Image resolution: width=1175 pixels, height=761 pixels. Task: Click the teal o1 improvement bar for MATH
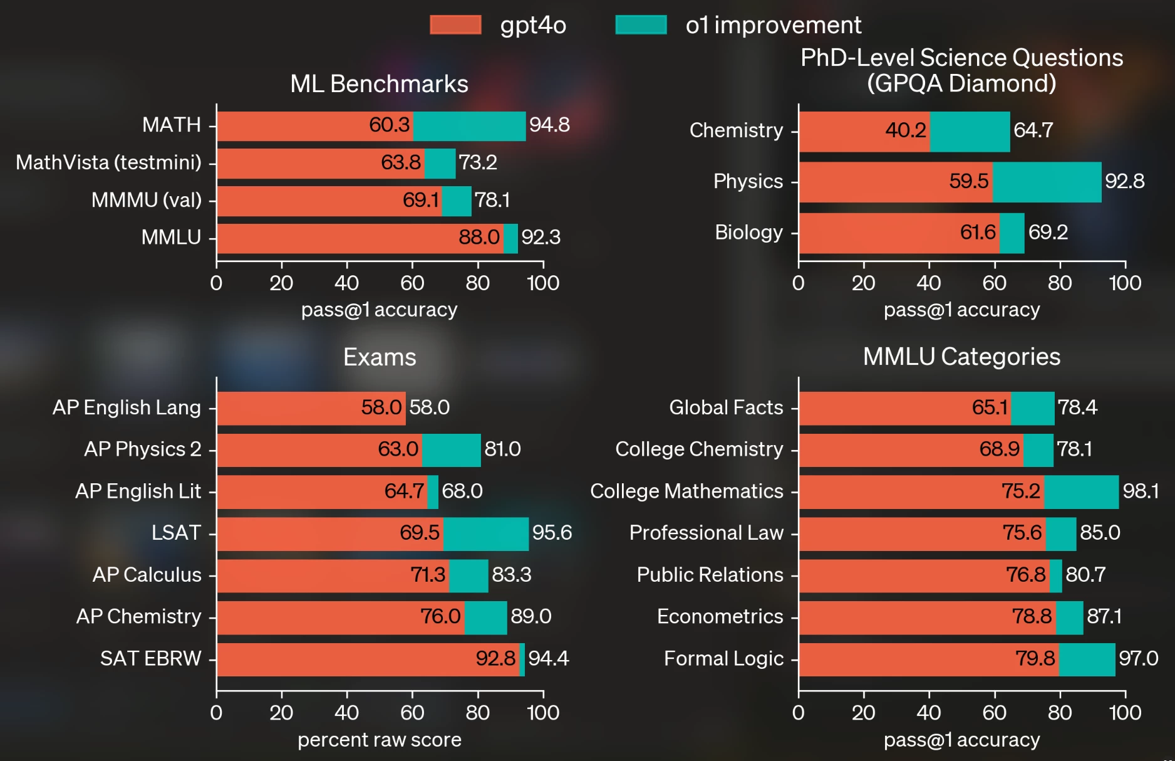(469, 126)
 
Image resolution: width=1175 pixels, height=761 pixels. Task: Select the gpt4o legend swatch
(455, 25)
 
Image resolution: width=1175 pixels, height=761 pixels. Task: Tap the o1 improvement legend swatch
(641, 25)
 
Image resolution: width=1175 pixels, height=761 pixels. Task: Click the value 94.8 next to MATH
(549, 125)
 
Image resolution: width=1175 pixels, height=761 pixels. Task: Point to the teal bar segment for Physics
(1047, 182)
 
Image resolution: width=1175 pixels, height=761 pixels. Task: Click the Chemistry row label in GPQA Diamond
(736, 130)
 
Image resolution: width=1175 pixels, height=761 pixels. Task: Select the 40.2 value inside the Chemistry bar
(905, 130)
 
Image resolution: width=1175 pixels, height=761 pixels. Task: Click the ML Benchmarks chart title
(379, 84)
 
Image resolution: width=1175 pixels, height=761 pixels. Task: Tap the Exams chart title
(380, 357)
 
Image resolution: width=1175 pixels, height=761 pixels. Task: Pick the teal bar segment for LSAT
(485, 533)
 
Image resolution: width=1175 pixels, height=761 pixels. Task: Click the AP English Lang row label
(127, 407)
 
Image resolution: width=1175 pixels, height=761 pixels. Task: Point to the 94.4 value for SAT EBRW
(548, 659)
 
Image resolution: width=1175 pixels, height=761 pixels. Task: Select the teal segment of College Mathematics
(1081, 491)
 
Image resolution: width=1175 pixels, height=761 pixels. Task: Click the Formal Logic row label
(723, 659)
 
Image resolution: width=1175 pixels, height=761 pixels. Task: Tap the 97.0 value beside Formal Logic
(1138, 659)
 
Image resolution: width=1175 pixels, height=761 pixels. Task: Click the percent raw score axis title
(379, 740)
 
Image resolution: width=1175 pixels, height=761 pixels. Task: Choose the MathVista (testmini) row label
(108, 162)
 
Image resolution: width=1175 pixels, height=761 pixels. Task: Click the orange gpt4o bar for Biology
(899, 233)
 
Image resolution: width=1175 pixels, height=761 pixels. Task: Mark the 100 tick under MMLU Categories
(1125, 713)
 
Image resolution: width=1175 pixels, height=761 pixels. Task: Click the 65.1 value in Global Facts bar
(990, 407)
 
